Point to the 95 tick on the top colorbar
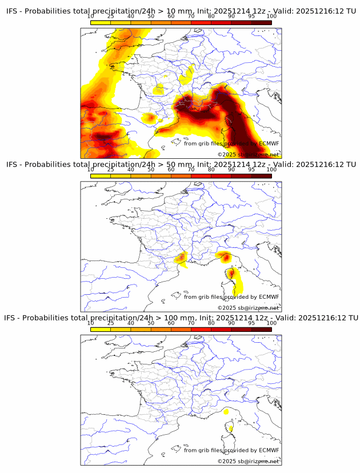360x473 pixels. click(251, 16)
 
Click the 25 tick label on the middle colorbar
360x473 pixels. click(111, 169)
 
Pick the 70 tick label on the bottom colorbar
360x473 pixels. click(191, 323)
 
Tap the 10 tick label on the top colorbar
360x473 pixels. click(91, 16)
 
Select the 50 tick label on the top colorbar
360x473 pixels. click(151, 16)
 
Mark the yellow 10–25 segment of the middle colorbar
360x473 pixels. click(101, 175)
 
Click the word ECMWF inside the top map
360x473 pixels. click(269, 143)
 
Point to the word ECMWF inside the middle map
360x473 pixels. click(269, 296)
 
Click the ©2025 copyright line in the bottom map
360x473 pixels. click(248, 461)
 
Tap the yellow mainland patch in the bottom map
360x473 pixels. click(226, 411)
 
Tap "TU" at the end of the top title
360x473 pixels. click(352, 11)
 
